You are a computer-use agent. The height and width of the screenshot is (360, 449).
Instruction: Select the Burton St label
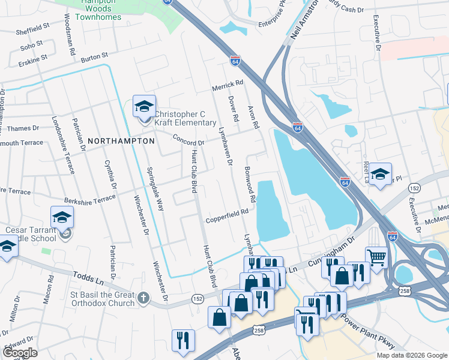point(94,56)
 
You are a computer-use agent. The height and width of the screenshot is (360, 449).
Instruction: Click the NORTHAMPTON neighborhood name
point(121,140)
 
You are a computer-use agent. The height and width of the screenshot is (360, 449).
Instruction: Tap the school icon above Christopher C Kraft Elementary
point(144,107)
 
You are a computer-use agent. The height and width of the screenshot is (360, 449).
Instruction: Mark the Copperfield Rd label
point(227,214)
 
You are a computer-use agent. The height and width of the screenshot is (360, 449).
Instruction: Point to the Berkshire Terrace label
point(88,198)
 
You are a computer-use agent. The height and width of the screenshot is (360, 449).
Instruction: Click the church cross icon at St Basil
point(143,297)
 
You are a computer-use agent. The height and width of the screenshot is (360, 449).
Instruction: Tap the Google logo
point(20,352)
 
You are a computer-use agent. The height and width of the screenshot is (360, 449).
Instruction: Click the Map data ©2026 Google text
point(411,355)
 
